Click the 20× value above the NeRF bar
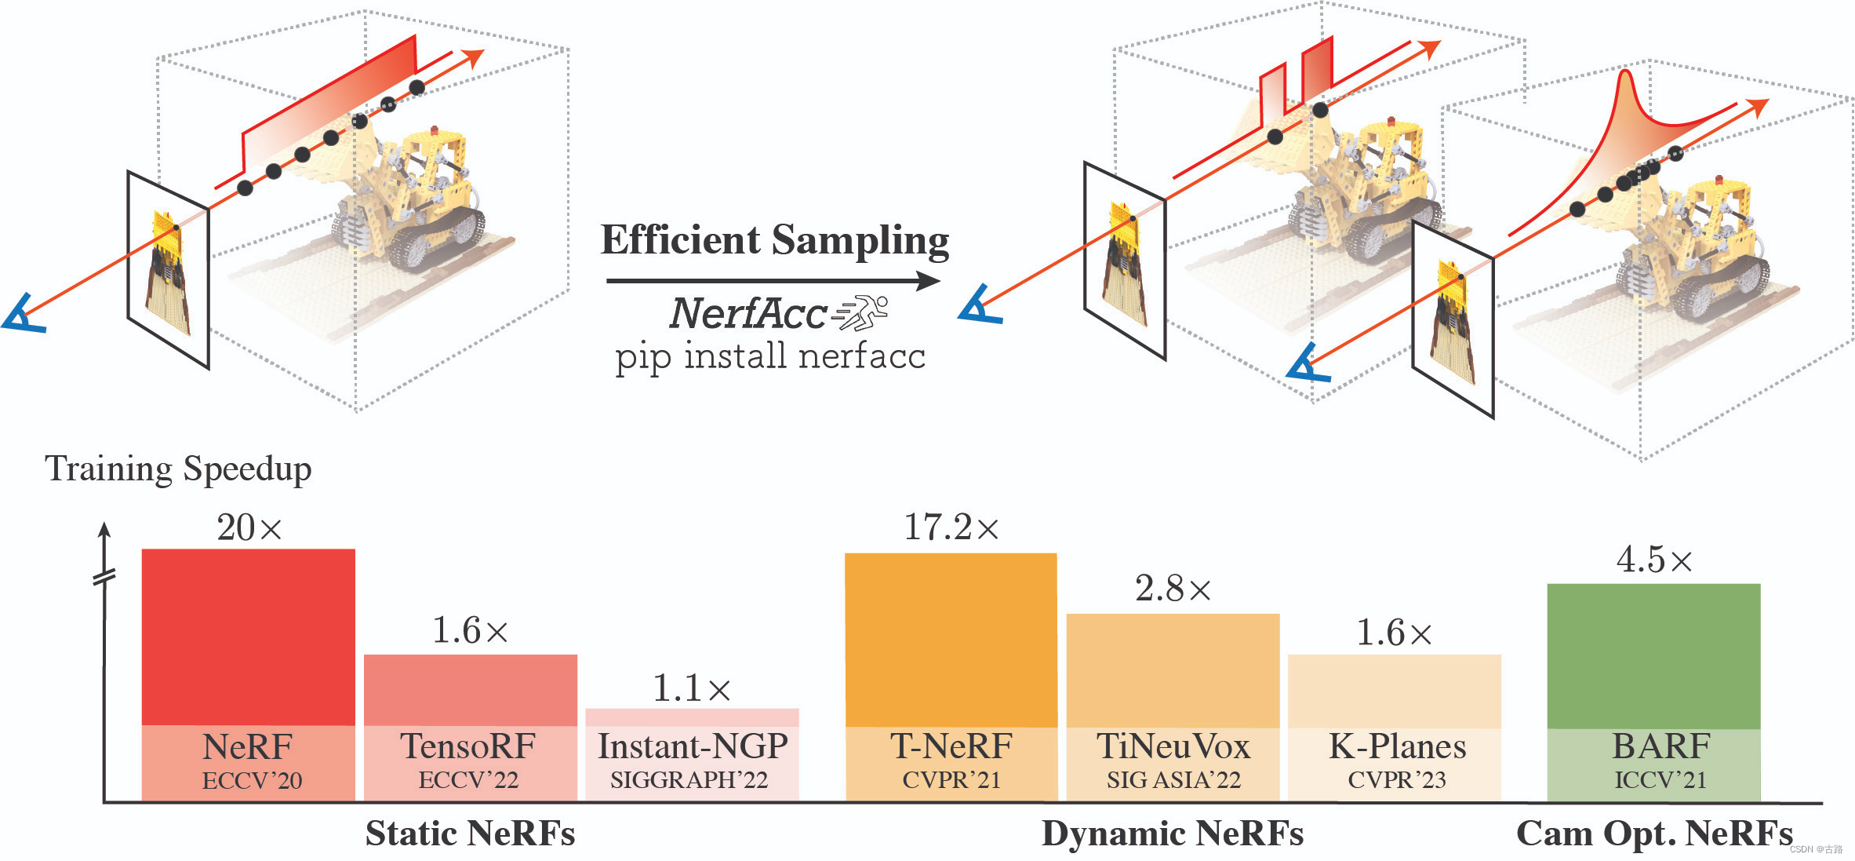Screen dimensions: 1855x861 (x=249, y=527)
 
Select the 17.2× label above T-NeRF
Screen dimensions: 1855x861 (x=951, y=527)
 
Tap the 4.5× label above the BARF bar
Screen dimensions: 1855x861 (x=1653, y=560)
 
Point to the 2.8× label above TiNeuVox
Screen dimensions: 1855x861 (x=1173, y=589)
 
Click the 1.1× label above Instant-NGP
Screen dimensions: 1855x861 (x=691, y=689)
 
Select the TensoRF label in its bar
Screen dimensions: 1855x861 (x=468, y=746)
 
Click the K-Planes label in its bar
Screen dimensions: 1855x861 (x=1397, y=746)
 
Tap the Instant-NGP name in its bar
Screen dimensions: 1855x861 (x=693, y=746)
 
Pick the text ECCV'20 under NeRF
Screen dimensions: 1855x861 (x=252, y=781)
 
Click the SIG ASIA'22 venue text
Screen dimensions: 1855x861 (x=1173, y=780)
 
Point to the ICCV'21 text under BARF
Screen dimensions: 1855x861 (x=1660, y=780)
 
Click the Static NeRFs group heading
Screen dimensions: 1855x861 (x=470, y=834)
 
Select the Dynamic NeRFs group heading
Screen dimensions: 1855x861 (x=1172, y=834)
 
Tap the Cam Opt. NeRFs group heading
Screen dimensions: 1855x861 (x=1654, y=834)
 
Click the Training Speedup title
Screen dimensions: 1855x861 (x=178, y=469)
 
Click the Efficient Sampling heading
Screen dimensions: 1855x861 (x=775, y=240)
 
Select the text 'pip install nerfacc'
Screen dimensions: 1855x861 (x=769, y=356)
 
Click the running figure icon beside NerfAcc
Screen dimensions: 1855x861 (x=861, y=313)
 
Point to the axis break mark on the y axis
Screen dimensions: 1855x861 (x=104, y=578)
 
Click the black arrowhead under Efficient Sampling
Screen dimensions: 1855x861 (x=930, y=280)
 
